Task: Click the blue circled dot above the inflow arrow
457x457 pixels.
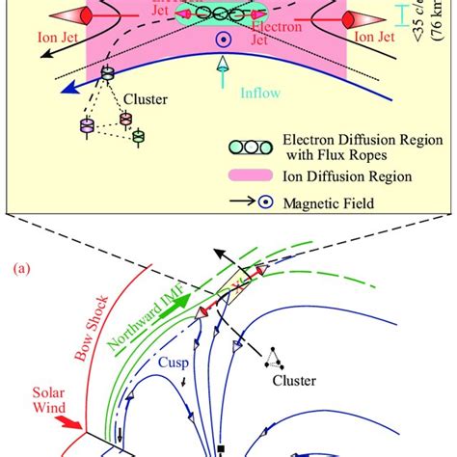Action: [x=224, y=40]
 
